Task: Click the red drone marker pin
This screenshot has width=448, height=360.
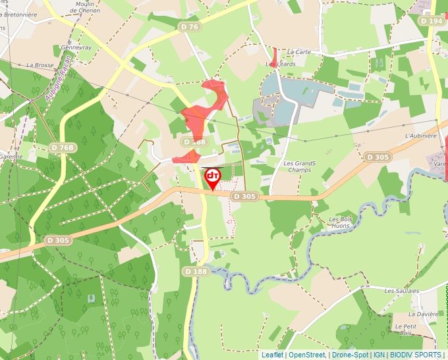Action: click(x=213, y=177)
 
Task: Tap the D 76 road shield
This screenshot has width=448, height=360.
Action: click(x=189, y=27)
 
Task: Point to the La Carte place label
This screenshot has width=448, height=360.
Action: click(x=299, y=52)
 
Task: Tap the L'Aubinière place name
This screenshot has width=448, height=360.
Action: click(x=422, y=136)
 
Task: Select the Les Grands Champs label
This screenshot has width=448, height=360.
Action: click(x=300, y=167)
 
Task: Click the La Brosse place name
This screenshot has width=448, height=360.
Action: click(x=40, y=66)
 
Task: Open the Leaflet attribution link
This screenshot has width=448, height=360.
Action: click(x=273, y=355)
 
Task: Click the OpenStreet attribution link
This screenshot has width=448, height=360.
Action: click(x=307, y=355)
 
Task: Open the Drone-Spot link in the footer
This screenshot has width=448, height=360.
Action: click(x=350, y=355)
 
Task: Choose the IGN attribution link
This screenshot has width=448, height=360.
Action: click(x=379, y=355)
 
